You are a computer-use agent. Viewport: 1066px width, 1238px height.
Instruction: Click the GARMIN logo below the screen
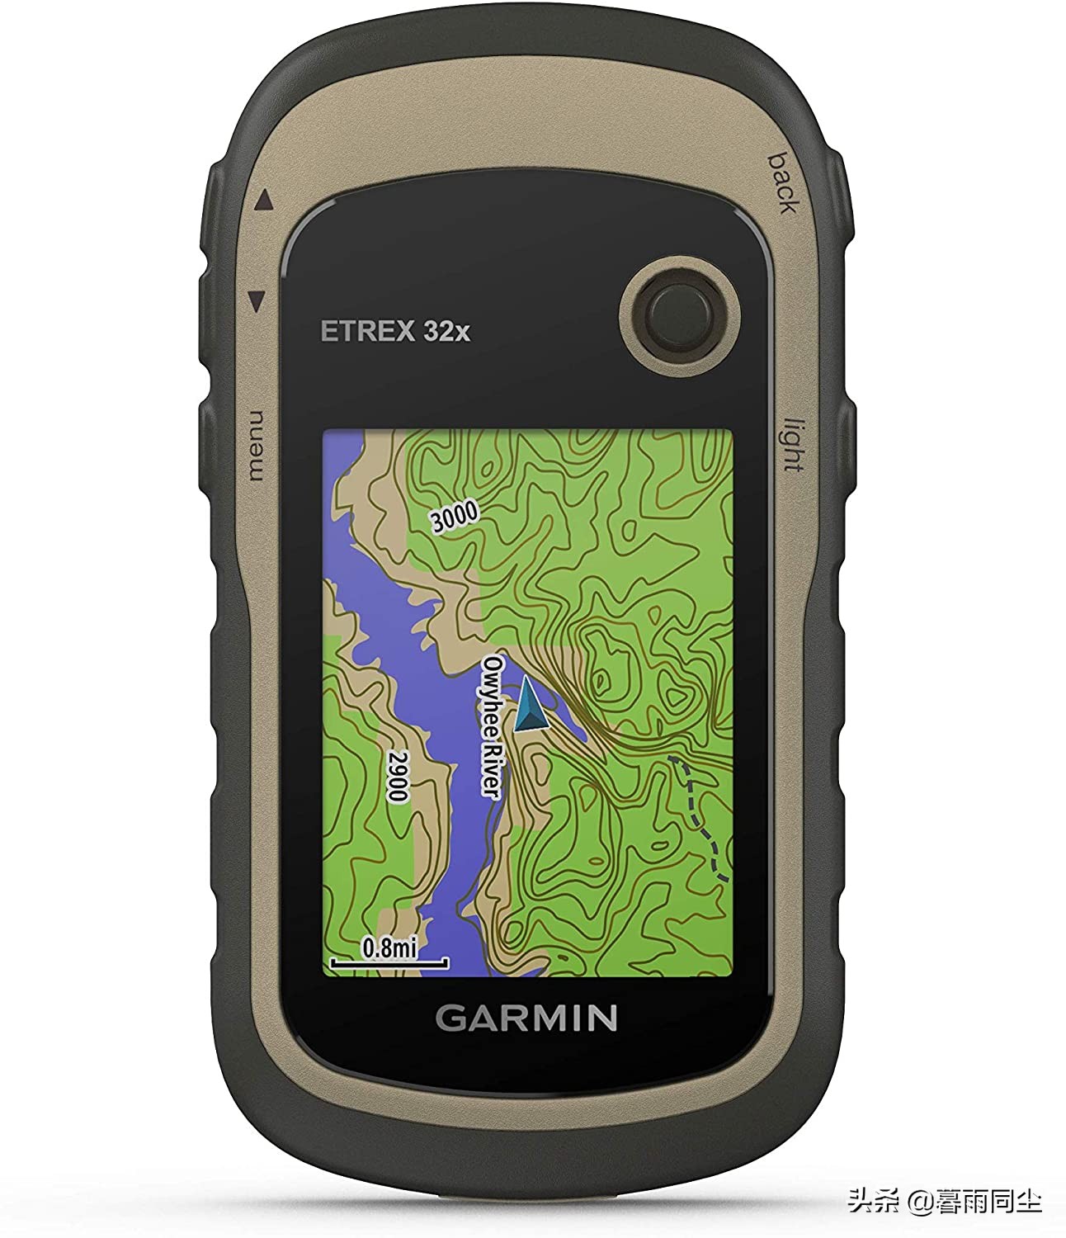526,1018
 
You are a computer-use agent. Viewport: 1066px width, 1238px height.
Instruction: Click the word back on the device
781,182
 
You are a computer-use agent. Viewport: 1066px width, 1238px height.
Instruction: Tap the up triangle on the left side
263,200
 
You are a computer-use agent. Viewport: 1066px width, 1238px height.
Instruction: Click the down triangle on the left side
257,300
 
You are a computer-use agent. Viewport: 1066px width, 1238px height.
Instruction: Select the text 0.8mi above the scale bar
389,947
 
